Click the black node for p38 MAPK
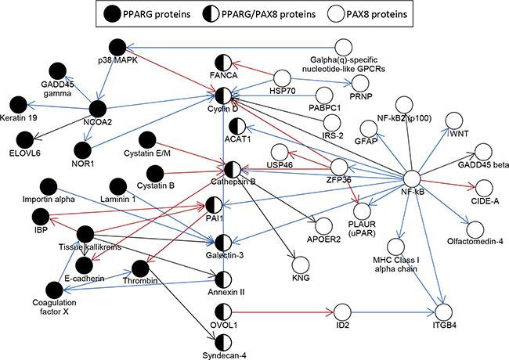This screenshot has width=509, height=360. point(118,48)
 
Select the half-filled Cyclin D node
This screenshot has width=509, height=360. point(226,95)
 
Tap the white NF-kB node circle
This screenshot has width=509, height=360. point(415,178)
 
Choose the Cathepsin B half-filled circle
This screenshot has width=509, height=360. point(232,169)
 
